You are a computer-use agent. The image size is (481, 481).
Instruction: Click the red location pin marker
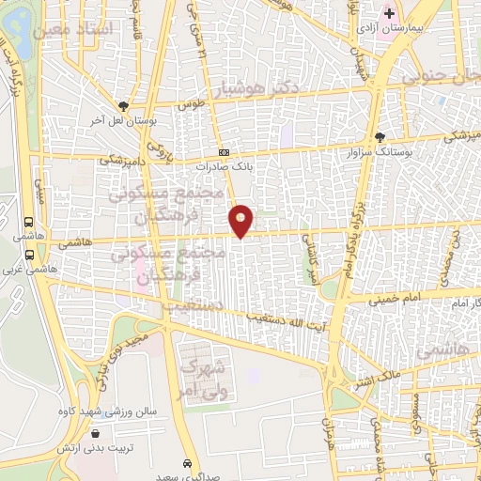pos(241,220)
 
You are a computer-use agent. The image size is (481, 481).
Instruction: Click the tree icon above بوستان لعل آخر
pos(122,107)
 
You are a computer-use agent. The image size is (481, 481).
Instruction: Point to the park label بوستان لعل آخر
pos(121,121)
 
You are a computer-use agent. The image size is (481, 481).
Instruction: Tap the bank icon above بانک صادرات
pos(224,152)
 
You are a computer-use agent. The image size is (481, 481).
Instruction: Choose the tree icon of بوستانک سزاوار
pos(380,137)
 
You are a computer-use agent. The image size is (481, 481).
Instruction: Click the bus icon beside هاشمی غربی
pos(30,254)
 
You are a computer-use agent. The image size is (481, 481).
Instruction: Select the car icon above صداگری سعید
pos(189,464)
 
